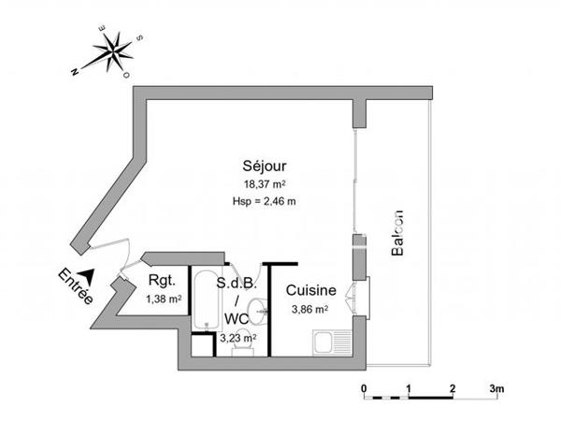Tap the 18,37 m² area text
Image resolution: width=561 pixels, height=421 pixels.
click(x=266, y=184)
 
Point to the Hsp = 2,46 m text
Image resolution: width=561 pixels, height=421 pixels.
click(x=266, y=200)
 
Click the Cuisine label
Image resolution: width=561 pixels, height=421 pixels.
click(x=309, y=290)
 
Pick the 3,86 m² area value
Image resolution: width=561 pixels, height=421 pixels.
click(x=309, y=309)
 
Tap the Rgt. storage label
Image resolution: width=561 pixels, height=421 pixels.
click(x=163, y=282)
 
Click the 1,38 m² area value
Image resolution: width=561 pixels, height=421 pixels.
click(x=164, y=298)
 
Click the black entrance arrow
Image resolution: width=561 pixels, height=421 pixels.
click(x=86, y=276)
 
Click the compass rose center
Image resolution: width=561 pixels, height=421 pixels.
click(x=114, y=51)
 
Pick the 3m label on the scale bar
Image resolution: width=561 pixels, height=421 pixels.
click(x=496, y=387)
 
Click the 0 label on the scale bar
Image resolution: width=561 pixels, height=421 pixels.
click(x=365, y=387)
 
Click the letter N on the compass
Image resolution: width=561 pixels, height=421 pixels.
click(x=76, y=70)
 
